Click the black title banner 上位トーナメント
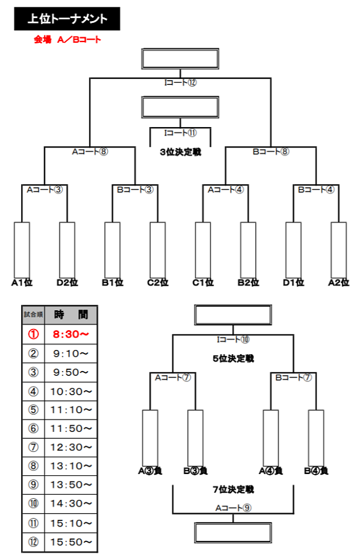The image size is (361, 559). tap(67, 19)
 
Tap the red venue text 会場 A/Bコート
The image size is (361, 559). tap(67, 40)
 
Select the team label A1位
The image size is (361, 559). tap(21, 281)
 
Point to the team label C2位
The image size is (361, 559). tap(158, 281)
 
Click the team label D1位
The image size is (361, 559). tap(294, 281)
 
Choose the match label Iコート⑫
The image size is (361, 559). tap(180, 83)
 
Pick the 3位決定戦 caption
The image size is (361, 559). tap(180, 152)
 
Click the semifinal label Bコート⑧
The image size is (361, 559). tap(271, 152)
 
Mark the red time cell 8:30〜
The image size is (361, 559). tap(71, 332)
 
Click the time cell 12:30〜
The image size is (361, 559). tap(71, 446)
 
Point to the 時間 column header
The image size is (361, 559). tap(71, 314)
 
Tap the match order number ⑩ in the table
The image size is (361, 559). tap(33, 504)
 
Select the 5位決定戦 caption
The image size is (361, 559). tap(233, 358)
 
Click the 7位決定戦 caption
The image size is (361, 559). tap(233, 489)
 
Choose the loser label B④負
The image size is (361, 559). tap(316, 471)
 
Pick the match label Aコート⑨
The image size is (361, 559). tap(233, 508)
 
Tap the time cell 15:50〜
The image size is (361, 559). tap(71, 542)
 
